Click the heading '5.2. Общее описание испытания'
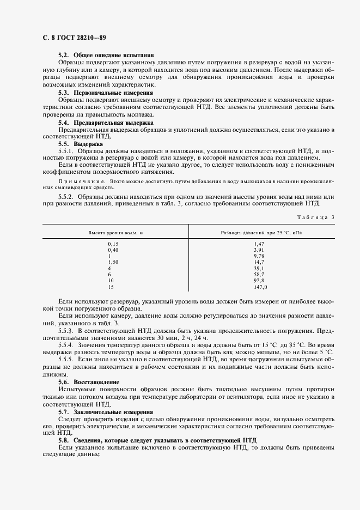tap(106, 56)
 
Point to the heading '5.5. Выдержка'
tap(80, 143)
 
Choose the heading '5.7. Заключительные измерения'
tap(106, 412)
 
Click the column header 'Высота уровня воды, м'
tap(116, 232)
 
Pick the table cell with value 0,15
tap(113, 244)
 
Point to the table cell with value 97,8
tap(259, 281)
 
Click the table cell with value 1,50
tap(113, 262)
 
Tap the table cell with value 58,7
tap(259, 275)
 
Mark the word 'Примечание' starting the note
tap(82, 180)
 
